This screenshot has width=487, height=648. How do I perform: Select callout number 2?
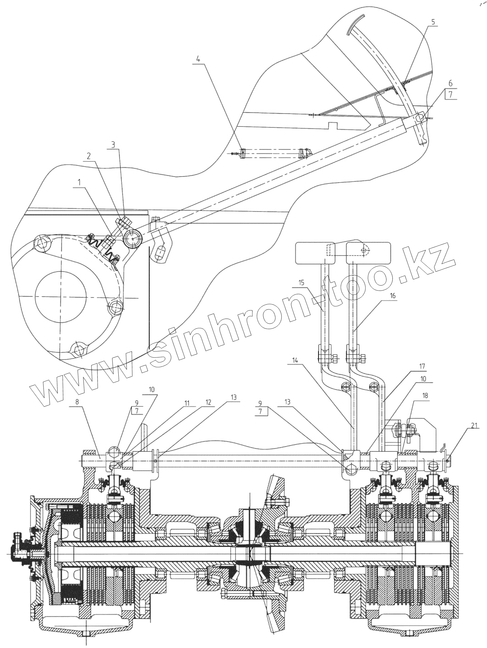coord(89,156)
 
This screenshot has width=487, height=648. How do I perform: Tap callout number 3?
coord(114,144)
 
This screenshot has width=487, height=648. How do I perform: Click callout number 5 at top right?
coord(433,22)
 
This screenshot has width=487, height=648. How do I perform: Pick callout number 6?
coord(450,83)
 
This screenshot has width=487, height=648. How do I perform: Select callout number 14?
coord(295,360)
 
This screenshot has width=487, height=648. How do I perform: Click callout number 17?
coord(422,366)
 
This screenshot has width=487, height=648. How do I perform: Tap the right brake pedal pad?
coord(369,253)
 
